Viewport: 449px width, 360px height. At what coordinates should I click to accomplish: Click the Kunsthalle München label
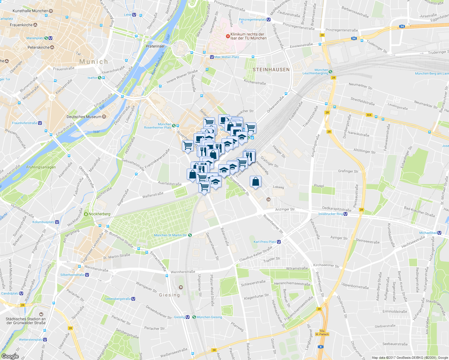pyautogui.click(x=30, y=11)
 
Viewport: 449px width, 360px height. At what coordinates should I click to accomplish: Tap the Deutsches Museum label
pyautogui.click(x=84, y=117)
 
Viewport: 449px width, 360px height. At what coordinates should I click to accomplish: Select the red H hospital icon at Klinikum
pyautogui.click(x=228, y=36)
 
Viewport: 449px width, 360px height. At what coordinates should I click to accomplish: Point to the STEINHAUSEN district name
pyautogui.click(x=271, y=70)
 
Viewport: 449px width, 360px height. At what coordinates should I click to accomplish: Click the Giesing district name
pyautogui.click(x=170, y=295)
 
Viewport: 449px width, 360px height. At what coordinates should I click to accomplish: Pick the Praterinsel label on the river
pyautogui.click(x=155, y=46)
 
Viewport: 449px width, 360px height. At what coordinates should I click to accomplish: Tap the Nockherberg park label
pyautogui.click(x=99, y=214)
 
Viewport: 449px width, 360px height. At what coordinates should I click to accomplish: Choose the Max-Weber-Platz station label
pyautogui.click(x=227, y=57)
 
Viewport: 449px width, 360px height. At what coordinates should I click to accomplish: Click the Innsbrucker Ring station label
pyautogui.click(x=330, y=214)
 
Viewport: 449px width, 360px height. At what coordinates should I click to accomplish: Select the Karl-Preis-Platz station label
pyautogui.click(x=265, y=242)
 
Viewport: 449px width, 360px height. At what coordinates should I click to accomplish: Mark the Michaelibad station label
pyautogui.click(x=428, y=233)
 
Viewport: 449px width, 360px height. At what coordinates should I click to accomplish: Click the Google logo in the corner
pyautogui.click(x=10, y=356)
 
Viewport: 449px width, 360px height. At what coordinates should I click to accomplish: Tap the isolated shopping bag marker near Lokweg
pyautogui.click(x=255, y=182)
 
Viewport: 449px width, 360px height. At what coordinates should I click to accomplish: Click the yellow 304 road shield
pyautogui.click(x=369, y=115)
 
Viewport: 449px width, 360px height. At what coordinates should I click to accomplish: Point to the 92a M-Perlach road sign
pyautogui.click(x=322, y=332)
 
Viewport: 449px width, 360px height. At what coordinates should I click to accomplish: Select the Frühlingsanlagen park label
pyautogui.click(x=41, y=167)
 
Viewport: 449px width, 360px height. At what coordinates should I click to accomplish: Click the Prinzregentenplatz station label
pyautogui.click(x=252, y=19)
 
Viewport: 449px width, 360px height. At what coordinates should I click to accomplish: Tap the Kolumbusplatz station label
pyautogui.click(x=44, y=222)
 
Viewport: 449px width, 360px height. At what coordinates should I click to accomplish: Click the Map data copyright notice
pyautogui.click(x=410, y=358)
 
